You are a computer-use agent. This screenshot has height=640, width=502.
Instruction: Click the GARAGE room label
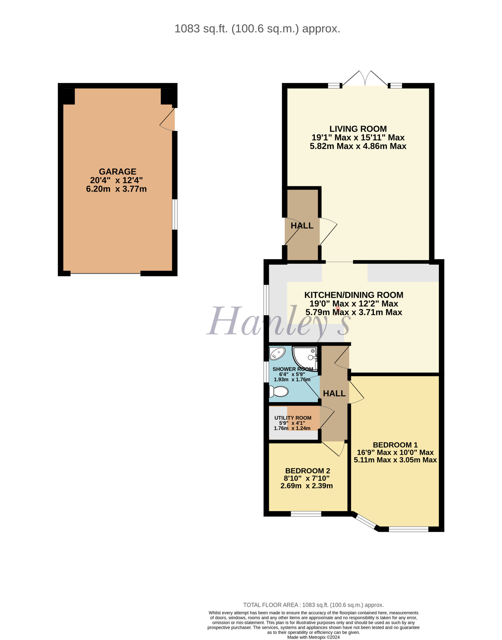[117, 171]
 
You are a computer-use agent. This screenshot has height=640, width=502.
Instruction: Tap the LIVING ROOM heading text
[358, 129]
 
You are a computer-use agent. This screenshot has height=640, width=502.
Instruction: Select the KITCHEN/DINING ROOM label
[354, 295]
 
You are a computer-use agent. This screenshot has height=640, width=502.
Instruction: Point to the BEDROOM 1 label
[395, 445]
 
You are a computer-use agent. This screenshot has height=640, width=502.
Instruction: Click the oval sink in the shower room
[277, 353]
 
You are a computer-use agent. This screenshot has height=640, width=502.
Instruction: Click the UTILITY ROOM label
[293, 418]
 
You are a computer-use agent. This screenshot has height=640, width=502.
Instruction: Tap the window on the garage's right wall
[175, 214]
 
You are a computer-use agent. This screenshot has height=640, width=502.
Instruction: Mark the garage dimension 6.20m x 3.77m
[116, 189]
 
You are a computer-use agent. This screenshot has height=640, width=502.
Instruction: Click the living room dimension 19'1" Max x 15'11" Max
[358, 137]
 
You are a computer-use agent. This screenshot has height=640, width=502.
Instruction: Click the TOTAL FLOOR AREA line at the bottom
[313, 605]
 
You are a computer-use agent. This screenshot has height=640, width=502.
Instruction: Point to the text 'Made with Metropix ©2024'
[313, 637]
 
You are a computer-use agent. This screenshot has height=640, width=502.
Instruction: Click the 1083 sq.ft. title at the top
[257, 29]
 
